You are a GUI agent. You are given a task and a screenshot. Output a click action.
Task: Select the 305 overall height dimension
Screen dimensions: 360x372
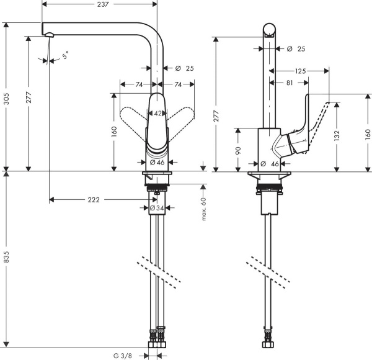click(x=7, y=96)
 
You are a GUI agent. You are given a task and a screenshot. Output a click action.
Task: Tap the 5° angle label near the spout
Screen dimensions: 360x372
click(x=65, y=57)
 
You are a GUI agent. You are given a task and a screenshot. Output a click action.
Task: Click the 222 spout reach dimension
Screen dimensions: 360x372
click(x=94, y=200)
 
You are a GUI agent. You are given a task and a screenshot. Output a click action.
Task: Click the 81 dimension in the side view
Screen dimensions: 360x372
click(x=291, y=83)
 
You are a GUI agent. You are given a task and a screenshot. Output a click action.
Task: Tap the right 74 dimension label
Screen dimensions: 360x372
click(x=177, y=84)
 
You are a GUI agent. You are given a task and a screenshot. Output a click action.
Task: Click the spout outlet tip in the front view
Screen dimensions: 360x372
click(x=47, y=37)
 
